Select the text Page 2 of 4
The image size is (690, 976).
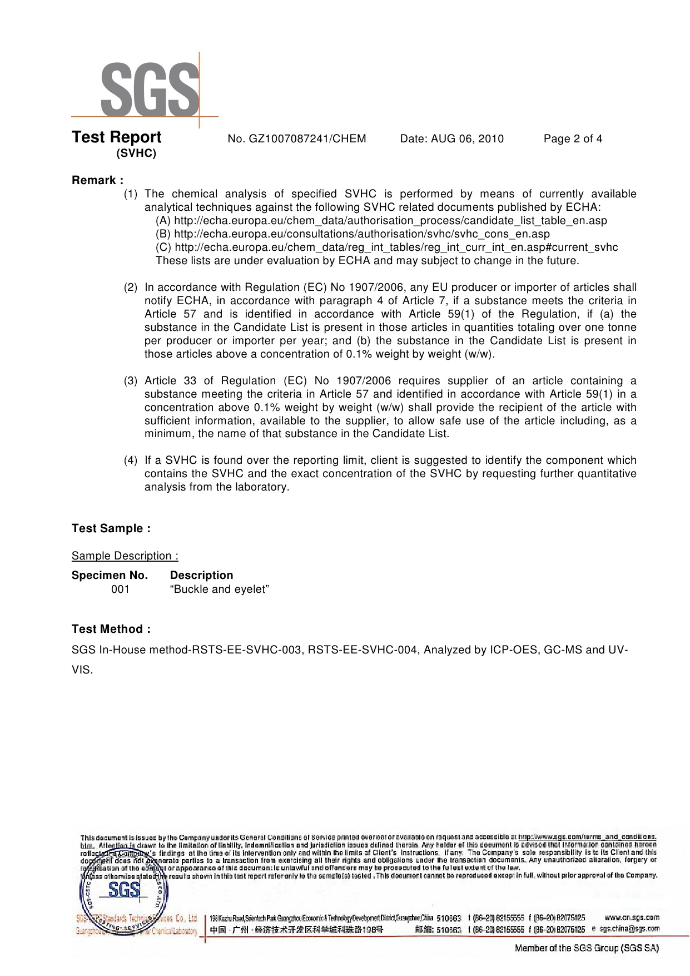(573, 139)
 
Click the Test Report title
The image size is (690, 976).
(117, 137)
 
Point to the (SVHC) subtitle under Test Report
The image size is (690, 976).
(136, 154)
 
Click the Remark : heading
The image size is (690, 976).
(97, 180)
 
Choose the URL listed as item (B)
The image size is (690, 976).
(361, 234)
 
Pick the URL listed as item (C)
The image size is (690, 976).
(396, 247)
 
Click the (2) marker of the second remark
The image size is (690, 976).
(130, 288)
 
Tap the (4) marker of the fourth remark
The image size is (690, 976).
(130, 460)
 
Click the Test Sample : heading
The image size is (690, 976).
(111, 528)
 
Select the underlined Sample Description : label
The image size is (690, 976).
(125, 556)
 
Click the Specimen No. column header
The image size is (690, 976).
(110, 576)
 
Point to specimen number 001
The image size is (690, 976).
(120, 589)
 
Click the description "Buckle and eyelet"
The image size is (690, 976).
(220, 589)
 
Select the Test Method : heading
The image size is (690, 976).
(111, 629)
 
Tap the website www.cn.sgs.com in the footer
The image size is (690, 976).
(631, 917)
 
